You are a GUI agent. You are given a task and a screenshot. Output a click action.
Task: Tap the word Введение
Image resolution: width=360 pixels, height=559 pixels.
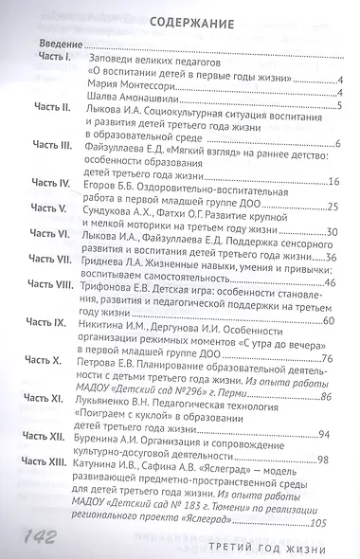tap(57, 45)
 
